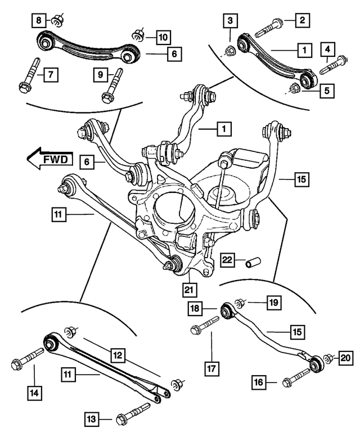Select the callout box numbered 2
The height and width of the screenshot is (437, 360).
tap(301, 21)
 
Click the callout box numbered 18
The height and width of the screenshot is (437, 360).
tap(195, 308)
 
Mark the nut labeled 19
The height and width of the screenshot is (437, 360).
tap(240, 304)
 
